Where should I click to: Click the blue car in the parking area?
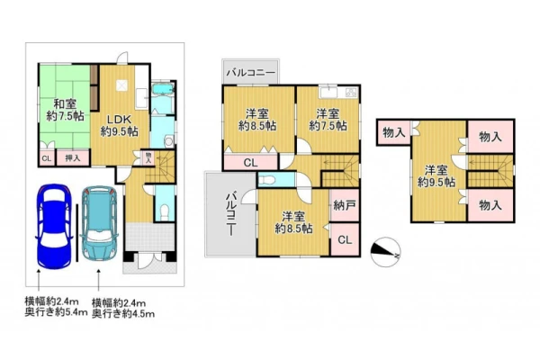click(x=54, y=226)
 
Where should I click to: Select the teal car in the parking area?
click(x=100, y=223)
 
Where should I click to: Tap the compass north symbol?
click(x=386, y=252)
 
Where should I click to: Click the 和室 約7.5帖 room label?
click(x=65, y=110)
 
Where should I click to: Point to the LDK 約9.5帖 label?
click(x=119, y=126)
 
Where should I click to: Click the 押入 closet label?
click(x=73, y=158)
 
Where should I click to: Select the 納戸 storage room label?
click(x=345, y=206)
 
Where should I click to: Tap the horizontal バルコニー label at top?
click(x=251, y=73)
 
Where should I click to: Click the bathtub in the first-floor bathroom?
click(x=163, y=88)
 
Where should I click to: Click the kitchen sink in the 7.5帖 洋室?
click(x=328, y=93)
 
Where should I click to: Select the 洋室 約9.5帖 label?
click(x=436, y=176)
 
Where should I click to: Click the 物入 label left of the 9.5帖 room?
click(x=393, y=132)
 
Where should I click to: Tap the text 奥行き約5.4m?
click(x=56, y=313)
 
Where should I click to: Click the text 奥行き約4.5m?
click(x=123, y=314)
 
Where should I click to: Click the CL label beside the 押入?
click(x=47, y=158)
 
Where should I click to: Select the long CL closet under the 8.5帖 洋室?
click(x=250, y=163)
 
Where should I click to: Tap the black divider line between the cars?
click(x=76, y=233)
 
